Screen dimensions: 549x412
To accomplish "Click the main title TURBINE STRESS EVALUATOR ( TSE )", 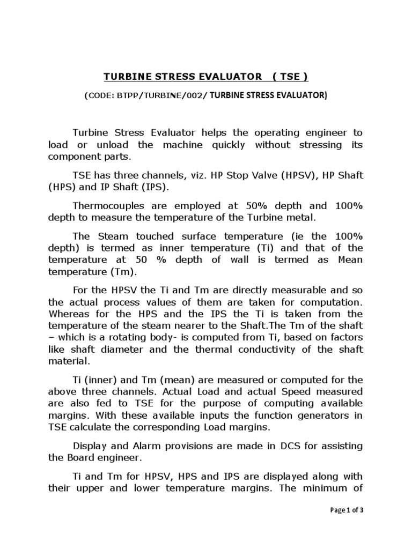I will pyautogui.click(x=206, y=77).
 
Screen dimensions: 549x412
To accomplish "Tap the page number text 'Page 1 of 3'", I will pyautogui.click(x=347, y=510).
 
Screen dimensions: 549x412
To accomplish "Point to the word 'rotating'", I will pyautogui.click(x=159, y=337).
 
